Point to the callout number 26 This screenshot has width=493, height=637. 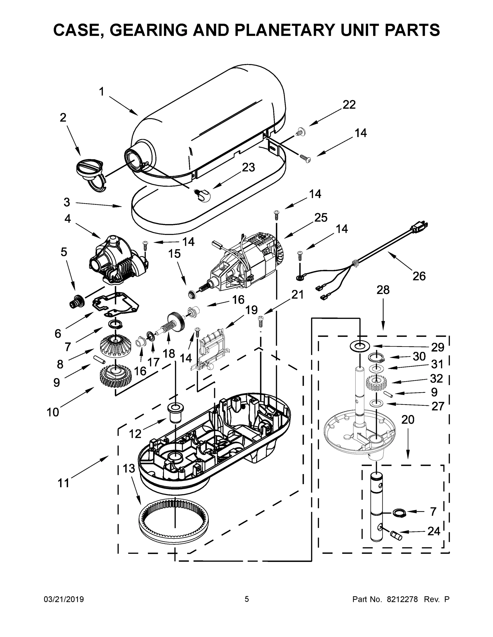click(x=419, y=276)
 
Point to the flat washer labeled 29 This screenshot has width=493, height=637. click(x=360, y=346)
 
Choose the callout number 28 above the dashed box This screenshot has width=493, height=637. click(x=383, y=290)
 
